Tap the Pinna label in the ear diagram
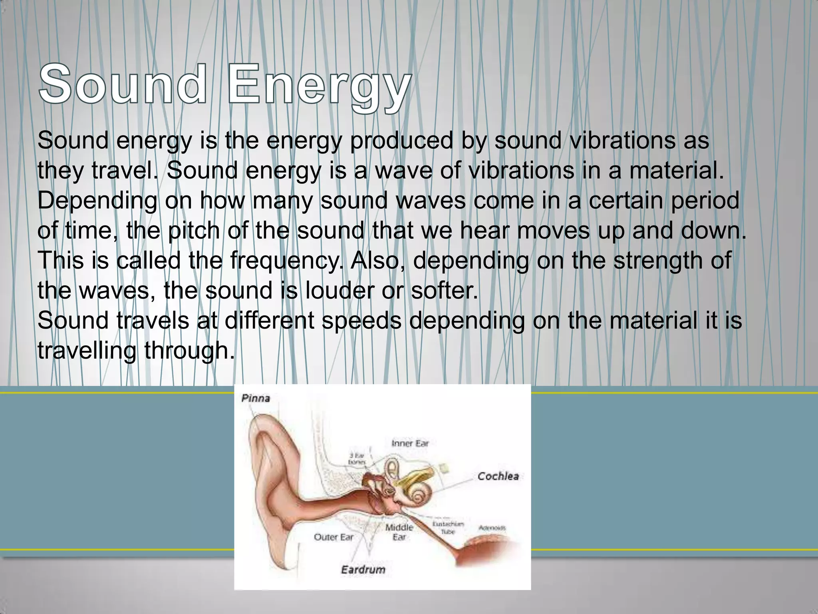(256, 398)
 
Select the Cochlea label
(498, 476)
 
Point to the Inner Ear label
(410, 443)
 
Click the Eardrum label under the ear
(363, 569)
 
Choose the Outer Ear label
(334, 537)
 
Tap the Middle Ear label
(399, 532)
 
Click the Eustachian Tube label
(448, 527)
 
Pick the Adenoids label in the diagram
(492, 528)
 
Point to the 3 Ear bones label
(357, 459)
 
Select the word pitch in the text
(193, 231)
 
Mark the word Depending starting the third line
(97, 201)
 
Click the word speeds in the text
(361, 321)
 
